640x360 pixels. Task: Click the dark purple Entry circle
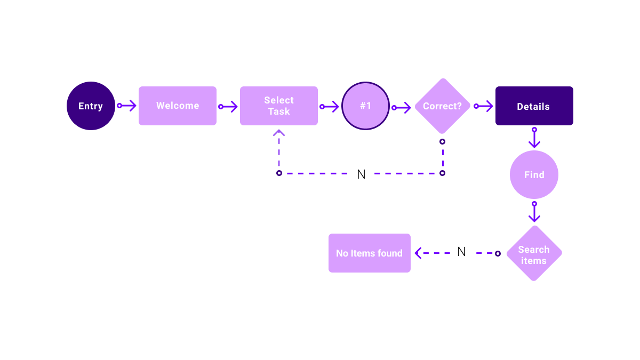(x=91, y=106)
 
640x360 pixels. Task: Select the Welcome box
(x=178, y=106)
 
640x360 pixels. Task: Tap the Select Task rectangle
(x=279, y=106)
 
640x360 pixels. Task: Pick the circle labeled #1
(x=365, y=106)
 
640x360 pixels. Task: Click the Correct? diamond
(x=442, y=106)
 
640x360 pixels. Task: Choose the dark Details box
(x=534, y=106)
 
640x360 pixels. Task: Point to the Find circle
(x=534, y=174)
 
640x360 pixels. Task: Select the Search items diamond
(x=534, y=253)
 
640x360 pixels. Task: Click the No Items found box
(x=370, y=253)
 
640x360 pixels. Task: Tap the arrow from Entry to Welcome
(x=127, y=106)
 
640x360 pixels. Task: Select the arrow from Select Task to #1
(x=330, y=107)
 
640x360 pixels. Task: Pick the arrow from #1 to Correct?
(x=403, y=108)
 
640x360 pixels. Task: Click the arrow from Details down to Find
(x=534, y=139)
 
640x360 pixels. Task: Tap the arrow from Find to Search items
(x=534, y=213)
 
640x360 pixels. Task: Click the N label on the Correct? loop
(x=361, y=174)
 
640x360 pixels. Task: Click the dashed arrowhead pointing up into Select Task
(x=279, y=133)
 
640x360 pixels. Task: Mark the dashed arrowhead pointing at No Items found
(x=418, y=253)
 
